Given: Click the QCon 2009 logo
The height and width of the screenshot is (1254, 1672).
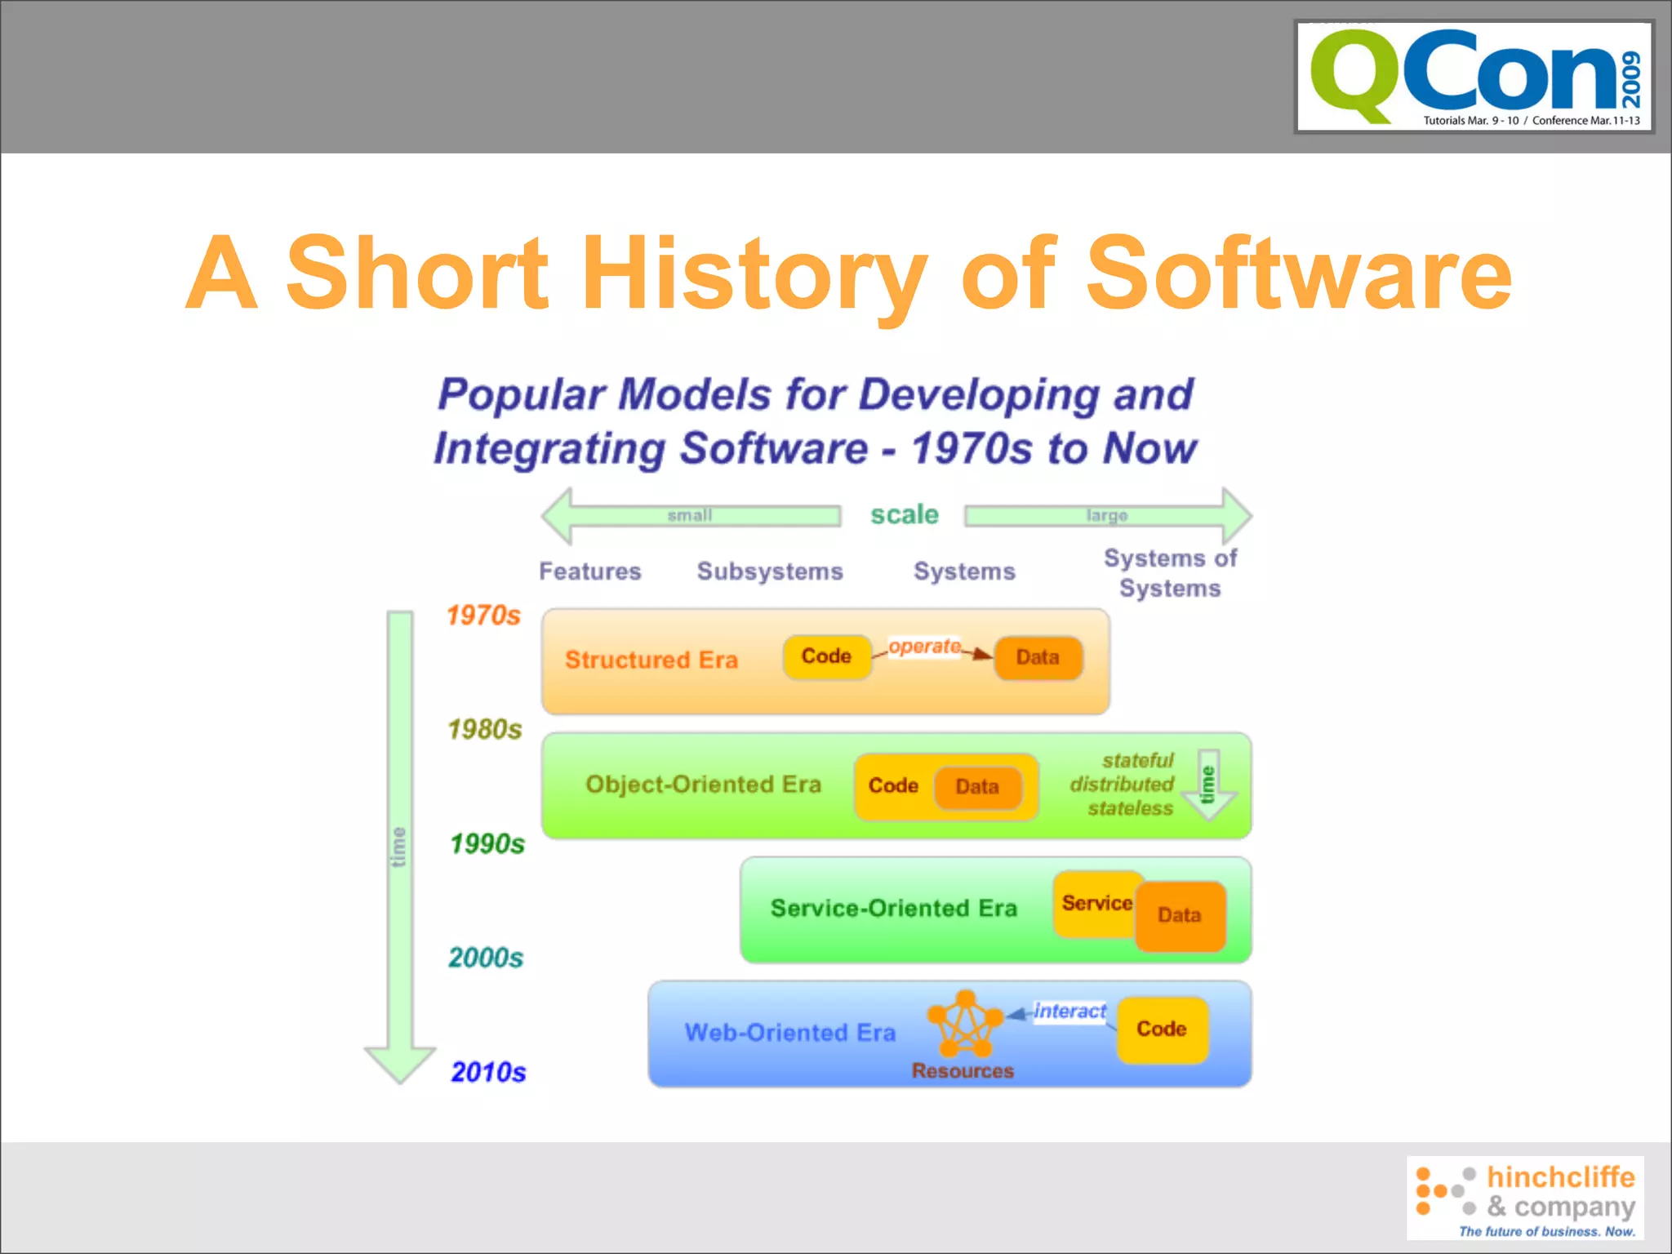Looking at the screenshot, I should tap(1474, 77).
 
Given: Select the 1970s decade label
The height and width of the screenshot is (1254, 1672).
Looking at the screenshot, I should tap(483, 616).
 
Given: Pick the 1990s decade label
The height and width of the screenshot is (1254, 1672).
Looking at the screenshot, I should tap(487, 843).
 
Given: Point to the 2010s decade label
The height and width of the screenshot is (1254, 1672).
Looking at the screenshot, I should tap(488, 1072).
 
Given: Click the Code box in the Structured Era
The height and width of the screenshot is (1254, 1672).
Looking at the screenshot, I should tap(826, 656).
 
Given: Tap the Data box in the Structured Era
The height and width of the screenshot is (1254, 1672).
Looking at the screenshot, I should tap(1038, 657).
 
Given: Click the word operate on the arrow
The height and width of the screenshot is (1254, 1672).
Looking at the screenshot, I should tap(924, 646).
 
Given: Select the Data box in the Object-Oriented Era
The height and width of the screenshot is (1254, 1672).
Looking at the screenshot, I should tap(977, 786).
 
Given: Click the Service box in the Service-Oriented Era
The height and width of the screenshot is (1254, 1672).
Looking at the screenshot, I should tap(1095, 903).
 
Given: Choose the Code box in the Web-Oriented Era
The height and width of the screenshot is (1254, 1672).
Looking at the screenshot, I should tap(1162, 1029).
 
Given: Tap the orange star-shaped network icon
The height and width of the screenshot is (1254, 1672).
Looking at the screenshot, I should tap(965, 1025).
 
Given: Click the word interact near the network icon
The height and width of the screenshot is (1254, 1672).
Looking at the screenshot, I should tap(1069, 1012).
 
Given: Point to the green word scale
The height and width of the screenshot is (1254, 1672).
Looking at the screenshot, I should tap(904, 514).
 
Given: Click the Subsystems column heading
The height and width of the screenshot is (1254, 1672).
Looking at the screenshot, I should tap(770, 571).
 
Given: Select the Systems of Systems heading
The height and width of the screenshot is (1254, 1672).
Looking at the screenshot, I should tap(1170, 573).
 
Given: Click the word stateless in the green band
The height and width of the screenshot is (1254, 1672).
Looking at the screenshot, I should tap(1130, 808).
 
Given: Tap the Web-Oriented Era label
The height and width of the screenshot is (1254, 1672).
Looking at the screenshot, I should tap(789, 1033).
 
